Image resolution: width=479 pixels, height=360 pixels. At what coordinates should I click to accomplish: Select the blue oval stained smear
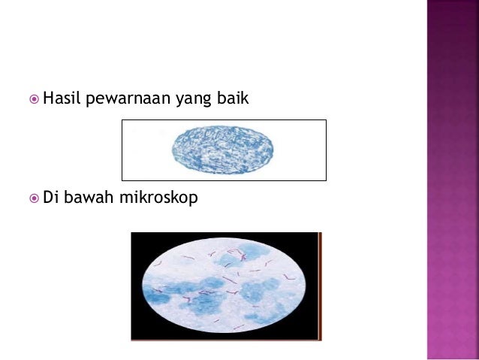224,150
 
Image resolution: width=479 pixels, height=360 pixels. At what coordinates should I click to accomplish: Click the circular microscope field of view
224,286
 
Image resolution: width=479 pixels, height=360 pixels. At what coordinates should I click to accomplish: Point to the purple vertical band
453,180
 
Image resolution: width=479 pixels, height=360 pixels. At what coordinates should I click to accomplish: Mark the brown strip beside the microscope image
320,286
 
